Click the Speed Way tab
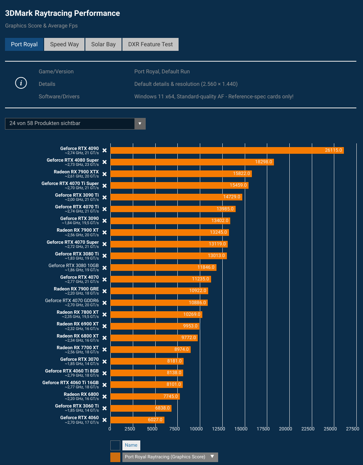point(64,45)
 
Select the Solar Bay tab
point(103,45)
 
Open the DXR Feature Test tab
point(150,45)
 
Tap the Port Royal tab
point(24,45)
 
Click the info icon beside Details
point(21,83)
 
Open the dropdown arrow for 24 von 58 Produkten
point(140,124)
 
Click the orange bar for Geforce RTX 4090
point(227,150)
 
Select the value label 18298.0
point(264,162)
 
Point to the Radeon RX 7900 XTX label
point(76,172)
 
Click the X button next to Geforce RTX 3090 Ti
point(105,197)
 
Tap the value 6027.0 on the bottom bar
point(155,420)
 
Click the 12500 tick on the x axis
point(219,428)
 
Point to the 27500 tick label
point(352,428)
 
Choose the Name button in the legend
point(131,445)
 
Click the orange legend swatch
point(115,457)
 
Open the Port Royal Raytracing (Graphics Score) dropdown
point(170,457)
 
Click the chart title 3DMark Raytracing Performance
point(62,13)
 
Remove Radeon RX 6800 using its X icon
point(105,397)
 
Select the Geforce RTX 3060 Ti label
point(77,406)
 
